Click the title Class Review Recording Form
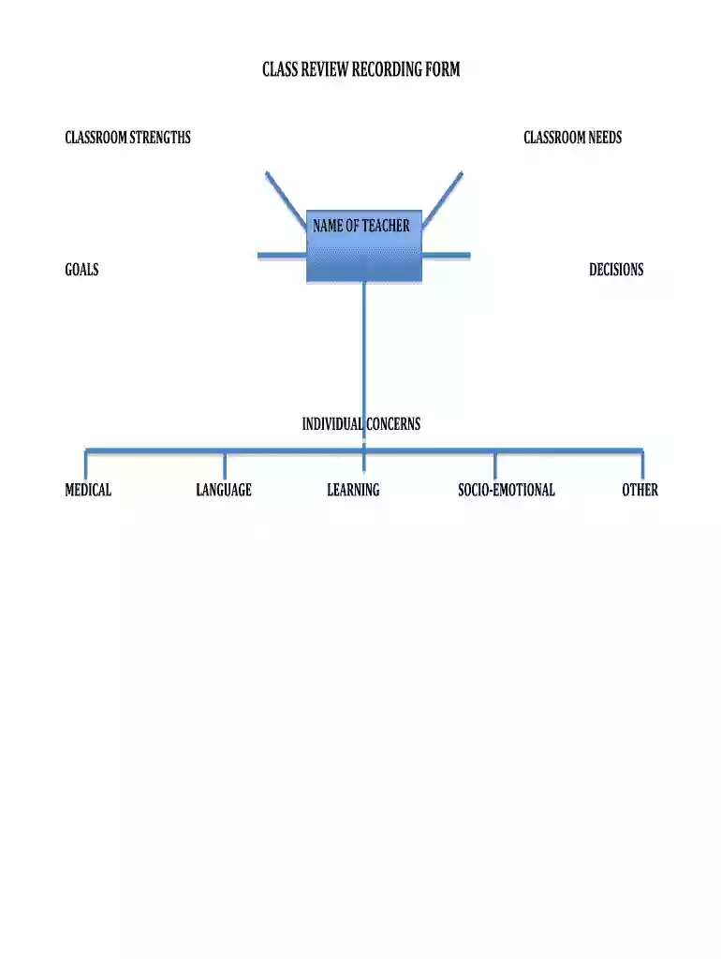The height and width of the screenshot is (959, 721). click(x=360, y=69)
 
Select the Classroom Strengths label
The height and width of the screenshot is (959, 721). click(x=127, y=138)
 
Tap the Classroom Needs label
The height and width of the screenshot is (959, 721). click(x=572, y=138)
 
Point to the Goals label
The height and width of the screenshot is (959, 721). click(x=81, y=270)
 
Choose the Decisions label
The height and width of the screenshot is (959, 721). click(x=616, y=270)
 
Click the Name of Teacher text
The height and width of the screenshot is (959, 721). click(x=360, y=226)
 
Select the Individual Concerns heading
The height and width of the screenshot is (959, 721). click(x=360, y=424)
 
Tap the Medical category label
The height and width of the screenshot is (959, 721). click(x=88, y=490)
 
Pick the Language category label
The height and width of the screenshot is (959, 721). click(x=224, y=490)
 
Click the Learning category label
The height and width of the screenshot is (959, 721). click(x=353, y=490)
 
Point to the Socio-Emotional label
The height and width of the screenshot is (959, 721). click(x=507, y=490)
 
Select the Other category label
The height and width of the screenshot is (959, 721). click(x=640, y=490)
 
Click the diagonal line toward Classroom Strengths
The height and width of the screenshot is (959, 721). click(x=287, y=200)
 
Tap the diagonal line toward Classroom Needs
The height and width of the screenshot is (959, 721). click(x=442, y=200)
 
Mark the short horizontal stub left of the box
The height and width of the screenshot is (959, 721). click(x=282, y=255)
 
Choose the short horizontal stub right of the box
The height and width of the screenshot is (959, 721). click(x=446, y=255)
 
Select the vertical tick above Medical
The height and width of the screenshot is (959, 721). click(x=85, y=465)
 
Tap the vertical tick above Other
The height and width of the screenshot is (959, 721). click(x=642, y=465)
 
